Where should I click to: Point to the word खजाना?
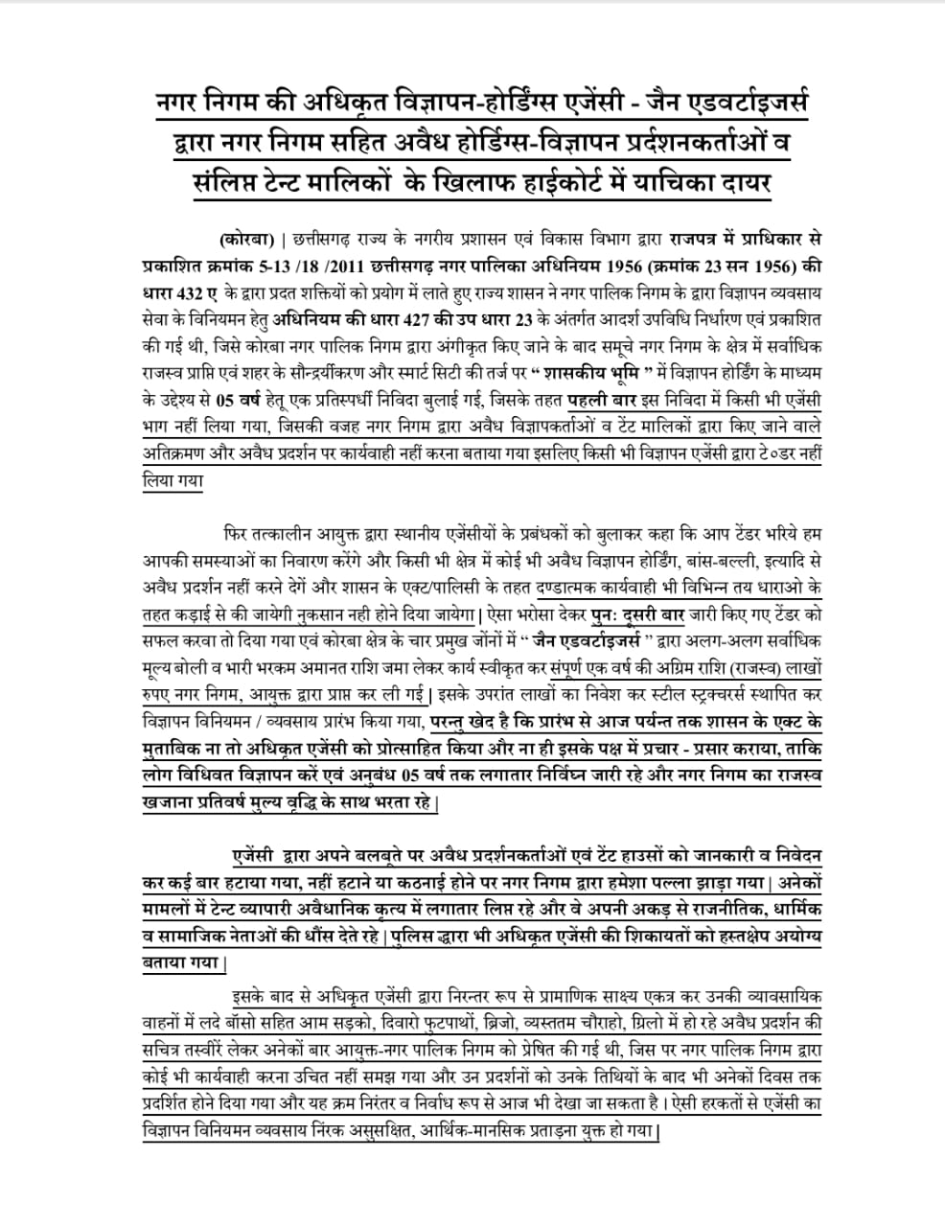tap(163, 801)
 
